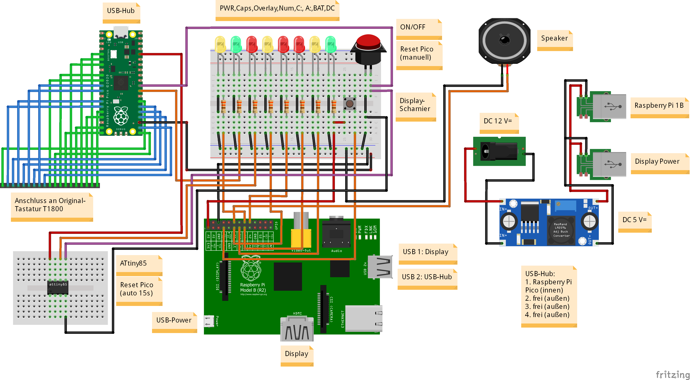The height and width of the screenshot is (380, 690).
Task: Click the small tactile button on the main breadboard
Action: point(349,103)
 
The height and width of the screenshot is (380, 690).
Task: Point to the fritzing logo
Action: point(672,374)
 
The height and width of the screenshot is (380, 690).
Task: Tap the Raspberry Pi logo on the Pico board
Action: point(121,116)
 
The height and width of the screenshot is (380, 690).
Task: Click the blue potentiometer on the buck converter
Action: point(566,206)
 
